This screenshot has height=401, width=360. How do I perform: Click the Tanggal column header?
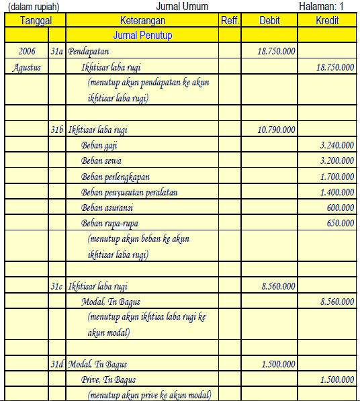36,21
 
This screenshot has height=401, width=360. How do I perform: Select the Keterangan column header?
142,21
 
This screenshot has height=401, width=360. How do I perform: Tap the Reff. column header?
230,21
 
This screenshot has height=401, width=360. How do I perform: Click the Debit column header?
269,21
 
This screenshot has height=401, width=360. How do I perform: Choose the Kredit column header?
327,21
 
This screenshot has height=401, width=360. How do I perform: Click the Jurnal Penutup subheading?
143,35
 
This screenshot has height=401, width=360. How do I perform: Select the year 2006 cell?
27,52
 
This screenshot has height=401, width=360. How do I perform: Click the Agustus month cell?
28,67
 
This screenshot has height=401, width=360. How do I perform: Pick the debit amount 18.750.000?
276,52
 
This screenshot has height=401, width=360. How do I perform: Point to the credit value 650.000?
341,223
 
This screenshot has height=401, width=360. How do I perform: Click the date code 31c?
57,286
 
